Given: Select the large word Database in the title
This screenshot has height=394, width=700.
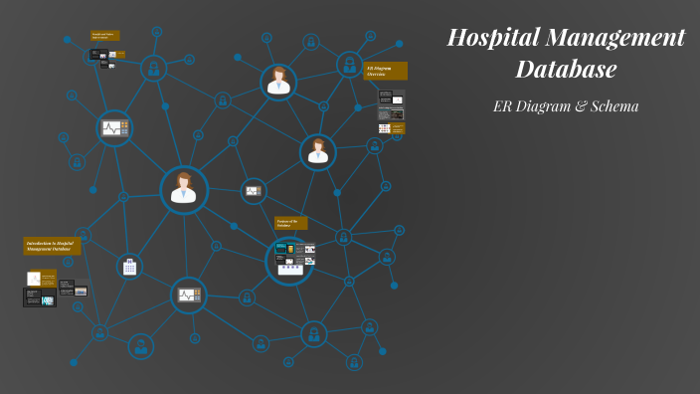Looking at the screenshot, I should pos(566,70).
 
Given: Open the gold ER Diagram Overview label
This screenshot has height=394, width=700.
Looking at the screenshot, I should pos(385,71).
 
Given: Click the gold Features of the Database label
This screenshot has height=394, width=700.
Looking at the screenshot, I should pos(290,223).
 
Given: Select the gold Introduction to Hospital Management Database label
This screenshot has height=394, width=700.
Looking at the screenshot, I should pos(52,245).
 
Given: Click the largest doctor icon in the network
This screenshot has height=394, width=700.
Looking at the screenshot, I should pos(184,189).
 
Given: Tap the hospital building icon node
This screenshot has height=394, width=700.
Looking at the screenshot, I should pos(129,267).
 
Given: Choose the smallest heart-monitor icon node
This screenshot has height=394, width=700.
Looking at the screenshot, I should pos(254,190).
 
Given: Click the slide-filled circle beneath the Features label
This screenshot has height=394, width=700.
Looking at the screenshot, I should pos(290,262).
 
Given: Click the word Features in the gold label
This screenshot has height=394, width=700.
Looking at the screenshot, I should pos(284,220).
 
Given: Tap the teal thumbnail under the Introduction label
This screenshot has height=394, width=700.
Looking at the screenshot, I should pos(47,300).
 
